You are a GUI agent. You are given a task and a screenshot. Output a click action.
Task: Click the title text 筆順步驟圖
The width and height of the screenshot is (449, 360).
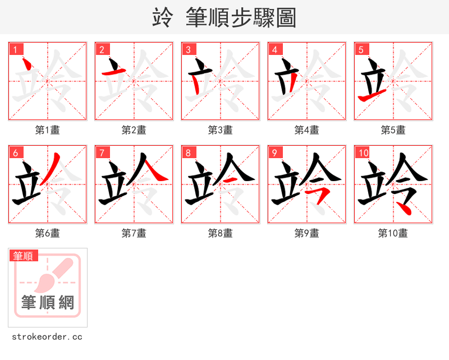point(241,18)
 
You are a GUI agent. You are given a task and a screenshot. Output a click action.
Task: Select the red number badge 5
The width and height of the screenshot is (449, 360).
point(361,50)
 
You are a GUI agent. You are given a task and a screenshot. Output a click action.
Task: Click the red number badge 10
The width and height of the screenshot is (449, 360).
point(363,153)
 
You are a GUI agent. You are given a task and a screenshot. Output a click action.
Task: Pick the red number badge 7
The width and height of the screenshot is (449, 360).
point(102,153)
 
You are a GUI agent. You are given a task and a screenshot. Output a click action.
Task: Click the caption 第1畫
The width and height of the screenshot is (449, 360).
point(48,130)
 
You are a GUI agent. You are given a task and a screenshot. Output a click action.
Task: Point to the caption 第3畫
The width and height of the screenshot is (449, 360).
point(221,130)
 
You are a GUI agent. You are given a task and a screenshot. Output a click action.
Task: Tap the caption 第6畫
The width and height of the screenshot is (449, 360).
point(48,233)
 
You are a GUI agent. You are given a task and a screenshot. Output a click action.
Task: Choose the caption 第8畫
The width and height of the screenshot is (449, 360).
point(221,233)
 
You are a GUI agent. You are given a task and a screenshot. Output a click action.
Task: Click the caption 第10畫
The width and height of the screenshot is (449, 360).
point(393,233)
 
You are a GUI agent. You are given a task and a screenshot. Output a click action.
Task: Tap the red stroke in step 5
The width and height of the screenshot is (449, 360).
point(371,98)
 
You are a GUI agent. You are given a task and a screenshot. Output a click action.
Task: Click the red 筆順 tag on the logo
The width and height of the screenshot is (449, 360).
point(24,256)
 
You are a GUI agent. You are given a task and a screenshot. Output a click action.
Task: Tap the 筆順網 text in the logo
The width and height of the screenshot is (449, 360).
point(48,303)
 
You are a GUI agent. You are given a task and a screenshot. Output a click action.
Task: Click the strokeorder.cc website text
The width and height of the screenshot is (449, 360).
point(47,337)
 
